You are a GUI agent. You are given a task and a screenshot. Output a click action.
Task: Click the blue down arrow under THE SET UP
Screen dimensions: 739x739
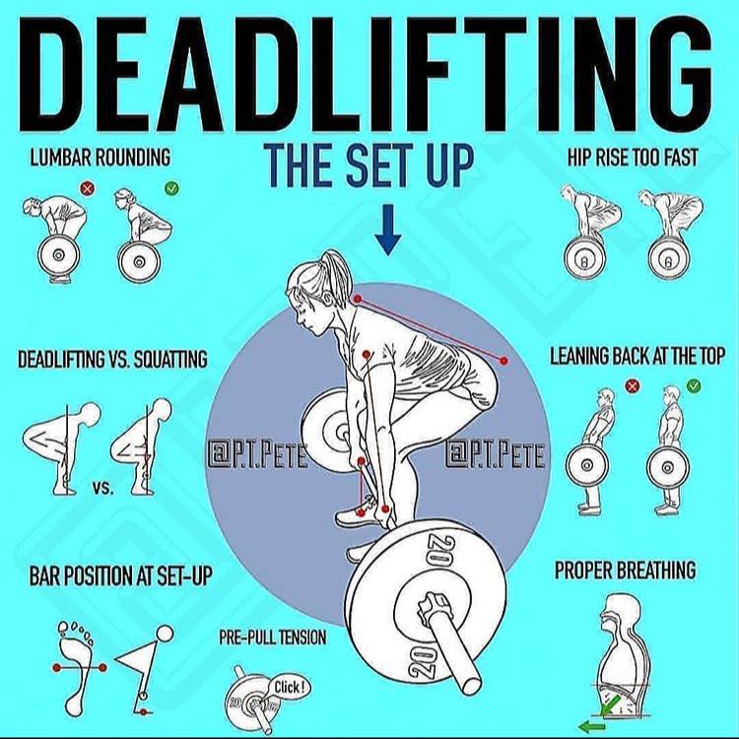click(x=388, y=230)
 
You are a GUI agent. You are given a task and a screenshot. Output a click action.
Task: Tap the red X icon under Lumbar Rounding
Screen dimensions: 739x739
click(x=87, y=189)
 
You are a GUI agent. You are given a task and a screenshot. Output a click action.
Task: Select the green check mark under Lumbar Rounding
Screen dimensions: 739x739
click(x=171, y=189)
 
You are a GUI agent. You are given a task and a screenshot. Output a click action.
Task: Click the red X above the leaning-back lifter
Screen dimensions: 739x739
click(x=632, y=386)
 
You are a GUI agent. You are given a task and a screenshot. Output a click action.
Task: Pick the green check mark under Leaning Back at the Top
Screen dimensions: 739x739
click(x=694, y=386)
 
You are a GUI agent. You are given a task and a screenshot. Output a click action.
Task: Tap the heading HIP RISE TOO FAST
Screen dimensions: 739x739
click(x=632, y=158)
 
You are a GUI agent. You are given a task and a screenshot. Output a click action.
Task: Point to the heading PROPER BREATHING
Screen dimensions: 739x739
click(x=625, y=570)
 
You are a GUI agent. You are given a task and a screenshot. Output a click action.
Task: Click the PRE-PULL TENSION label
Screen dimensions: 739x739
click(x=272, y=638)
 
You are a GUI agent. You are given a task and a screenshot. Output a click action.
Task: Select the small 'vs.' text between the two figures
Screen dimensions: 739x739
click(x=103, y=488)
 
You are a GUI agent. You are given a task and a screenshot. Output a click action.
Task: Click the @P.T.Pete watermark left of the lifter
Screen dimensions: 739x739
click(x=257, y=455)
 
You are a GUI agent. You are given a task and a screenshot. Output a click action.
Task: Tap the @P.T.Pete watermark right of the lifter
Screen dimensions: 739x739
click(x=495, y=455)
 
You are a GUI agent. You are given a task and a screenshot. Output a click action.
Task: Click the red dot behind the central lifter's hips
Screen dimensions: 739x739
click(x=504, y=361)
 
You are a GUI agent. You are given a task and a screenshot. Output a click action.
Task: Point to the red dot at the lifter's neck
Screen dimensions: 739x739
click(x=358, y=299)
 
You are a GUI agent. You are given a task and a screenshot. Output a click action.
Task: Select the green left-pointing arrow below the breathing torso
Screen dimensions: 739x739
click(x=591, y=727)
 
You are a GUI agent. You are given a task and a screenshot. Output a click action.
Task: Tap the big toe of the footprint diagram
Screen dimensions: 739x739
click(x=63, y=628)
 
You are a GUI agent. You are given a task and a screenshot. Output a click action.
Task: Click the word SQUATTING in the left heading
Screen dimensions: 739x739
click(x=170, y=359)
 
